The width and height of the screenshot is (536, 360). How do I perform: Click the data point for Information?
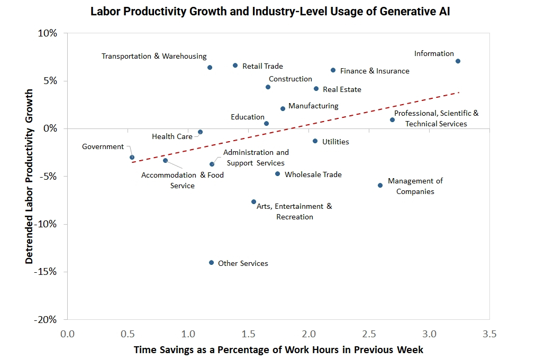458,61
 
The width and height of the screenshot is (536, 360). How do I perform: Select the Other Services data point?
211,263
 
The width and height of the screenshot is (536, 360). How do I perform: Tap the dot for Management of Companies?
380,186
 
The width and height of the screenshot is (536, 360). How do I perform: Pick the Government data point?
132,158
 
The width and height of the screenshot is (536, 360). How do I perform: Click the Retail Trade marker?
235,66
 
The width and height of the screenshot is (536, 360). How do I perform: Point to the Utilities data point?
315,141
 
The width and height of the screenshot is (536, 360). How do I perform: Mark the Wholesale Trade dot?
277,174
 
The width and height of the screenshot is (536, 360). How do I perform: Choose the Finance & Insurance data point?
333,70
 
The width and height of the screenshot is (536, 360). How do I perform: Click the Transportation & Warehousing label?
154,56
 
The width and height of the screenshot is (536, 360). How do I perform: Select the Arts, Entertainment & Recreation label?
294,211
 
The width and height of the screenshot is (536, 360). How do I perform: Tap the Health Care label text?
172,136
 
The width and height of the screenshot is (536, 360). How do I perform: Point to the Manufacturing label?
313,106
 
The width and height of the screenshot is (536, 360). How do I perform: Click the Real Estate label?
342,90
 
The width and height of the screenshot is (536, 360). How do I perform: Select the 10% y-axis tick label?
48,33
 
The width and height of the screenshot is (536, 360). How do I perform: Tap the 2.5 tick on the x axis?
369,334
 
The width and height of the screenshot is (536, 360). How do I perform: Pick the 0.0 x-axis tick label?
67,334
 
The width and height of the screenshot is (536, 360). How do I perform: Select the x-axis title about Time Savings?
278,350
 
